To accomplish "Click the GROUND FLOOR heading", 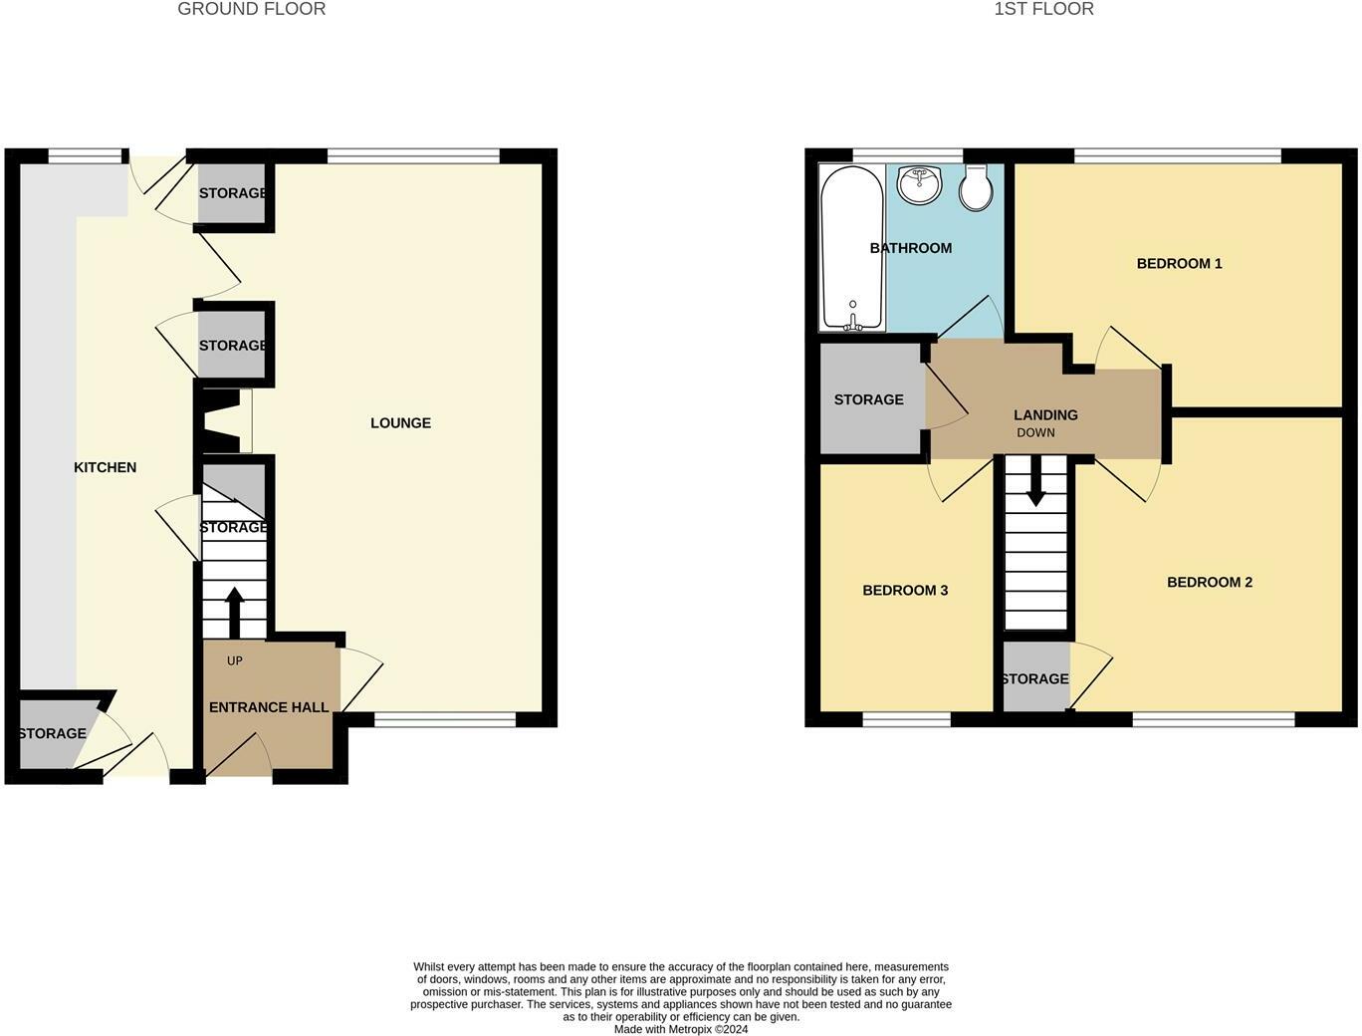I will click(251, 9).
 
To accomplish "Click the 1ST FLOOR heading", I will click(1043, 9).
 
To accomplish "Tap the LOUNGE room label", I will click(400, 422).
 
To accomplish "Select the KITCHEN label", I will click(105, 467).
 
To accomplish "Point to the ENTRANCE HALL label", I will click(269, 707).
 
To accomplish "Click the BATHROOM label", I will click(910, 248).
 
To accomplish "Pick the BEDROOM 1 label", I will click(1179, 263).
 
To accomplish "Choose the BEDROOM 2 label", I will click(1209, 582).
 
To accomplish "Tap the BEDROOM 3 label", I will click(904, 590).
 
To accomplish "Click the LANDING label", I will click(1045, 414).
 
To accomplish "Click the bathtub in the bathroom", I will click(851, 247).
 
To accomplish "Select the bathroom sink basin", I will click(920, 184).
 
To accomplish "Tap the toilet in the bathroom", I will click(976, 187).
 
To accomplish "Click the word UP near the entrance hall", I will click(235, 660).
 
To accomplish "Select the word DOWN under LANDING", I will click(1035, 432).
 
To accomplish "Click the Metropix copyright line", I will click(681, 1029).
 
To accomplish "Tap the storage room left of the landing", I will click(868, 399).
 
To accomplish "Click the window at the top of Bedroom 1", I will click(1177, 155).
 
